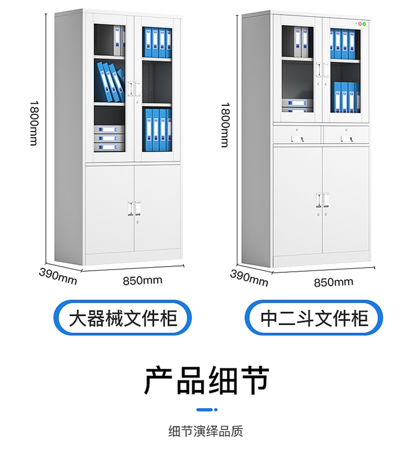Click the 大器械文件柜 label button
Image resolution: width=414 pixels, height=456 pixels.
pos(123,319)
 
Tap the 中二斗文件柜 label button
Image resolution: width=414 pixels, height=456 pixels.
pos(314,319)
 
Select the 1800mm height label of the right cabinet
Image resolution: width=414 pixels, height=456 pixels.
pos(225,125)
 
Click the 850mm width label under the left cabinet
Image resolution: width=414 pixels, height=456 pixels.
pos(142,280)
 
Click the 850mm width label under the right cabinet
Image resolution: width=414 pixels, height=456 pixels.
pos(333,282)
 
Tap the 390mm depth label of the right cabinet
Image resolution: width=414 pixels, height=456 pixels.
pos(249,278)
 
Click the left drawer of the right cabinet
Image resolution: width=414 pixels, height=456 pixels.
pos(298,134)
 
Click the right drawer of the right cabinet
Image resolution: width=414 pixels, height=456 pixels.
pos(346,134)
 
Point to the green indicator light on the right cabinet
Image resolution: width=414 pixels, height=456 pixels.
pos(365,24)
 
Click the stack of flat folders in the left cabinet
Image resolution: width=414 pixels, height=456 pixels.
pos(108,139)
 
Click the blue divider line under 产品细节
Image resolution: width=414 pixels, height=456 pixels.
pos(207,410)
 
